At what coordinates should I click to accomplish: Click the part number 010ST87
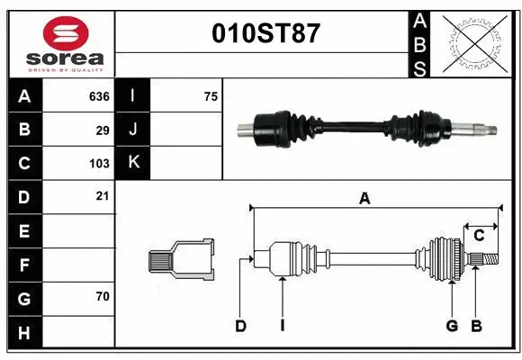click(x=264, y=34)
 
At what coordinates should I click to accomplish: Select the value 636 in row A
click(x=98, y=96)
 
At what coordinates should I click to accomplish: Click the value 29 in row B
click(x=103, y=130)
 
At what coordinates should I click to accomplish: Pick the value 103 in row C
click(x=99, y=164)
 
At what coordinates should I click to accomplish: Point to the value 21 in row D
click(x=103, y=196)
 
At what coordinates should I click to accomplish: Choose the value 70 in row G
click(x=103, y=296)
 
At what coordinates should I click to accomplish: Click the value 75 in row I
click(x=211, y=96)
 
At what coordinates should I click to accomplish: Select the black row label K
click(x=134, y=163)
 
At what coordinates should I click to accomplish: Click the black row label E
click(x=24, y=231)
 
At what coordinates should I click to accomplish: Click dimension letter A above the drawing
click(x=364, y=199)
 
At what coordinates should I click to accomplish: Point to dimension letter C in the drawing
click(x=480, y=236)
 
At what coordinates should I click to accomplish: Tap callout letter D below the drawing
click(x=240, y=326)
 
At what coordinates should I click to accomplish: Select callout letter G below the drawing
click(x=452, y=326)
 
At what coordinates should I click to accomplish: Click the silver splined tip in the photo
click(x=482, y=129)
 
